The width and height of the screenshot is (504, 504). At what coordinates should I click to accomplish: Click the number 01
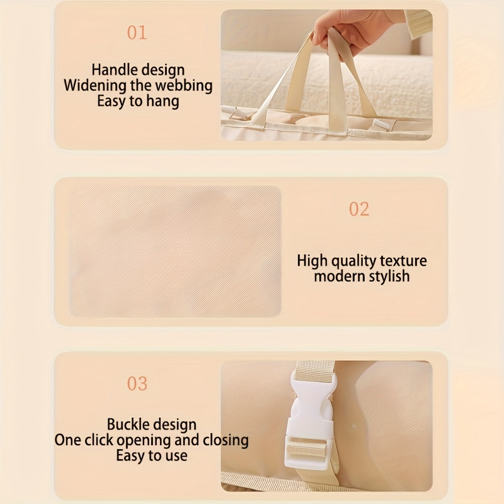(x=137, y=33)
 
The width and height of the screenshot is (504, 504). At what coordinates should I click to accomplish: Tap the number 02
(x=359, y=209)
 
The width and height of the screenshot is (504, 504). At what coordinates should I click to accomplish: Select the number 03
(x=137, y=384)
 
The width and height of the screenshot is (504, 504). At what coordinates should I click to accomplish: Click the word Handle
(x=113, y=70)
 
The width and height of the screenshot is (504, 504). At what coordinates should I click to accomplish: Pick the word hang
(x=163, y=102)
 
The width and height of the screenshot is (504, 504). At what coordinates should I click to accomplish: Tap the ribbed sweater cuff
(x=418, y=23)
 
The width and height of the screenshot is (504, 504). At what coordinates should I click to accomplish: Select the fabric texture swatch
(x=175, y=251)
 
